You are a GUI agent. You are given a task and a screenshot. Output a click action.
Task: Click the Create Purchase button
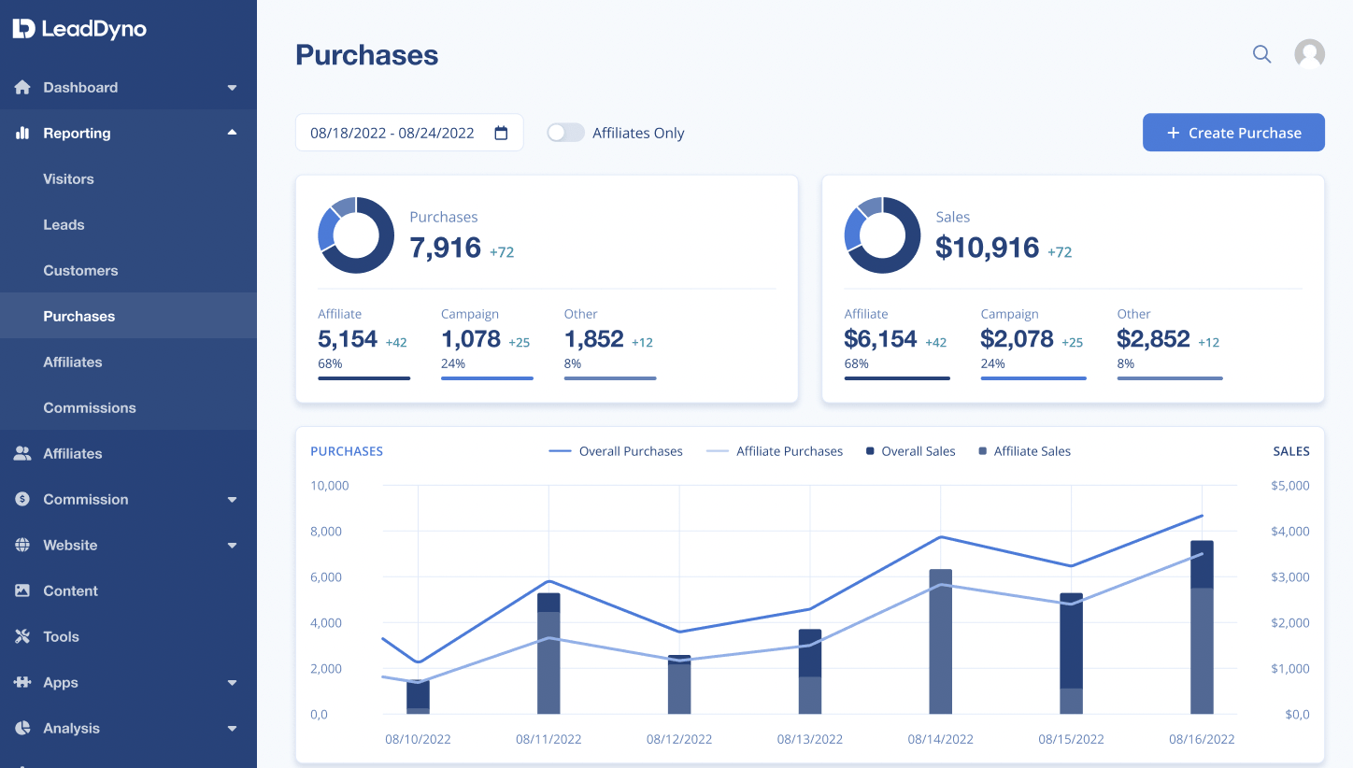coord(1233,133)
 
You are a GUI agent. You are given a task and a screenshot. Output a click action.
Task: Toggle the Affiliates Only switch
coord(565,133)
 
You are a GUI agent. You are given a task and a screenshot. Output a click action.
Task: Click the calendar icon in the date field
coord(501,133)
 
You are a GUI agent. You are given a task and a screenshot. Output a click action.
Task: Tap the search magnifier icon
coord(1261,54)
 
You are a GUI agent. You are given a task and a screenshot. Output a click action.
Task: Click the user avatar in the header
coord(1309,54)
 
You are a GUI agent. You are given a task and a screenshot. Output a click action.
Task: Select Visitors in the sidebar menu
coord(68,178)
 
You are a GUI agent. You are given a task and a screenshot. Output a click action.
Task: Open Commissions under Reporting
coord(90,407)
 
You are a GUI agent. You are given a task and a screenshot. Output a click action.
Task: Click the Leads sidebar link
coord(64,224)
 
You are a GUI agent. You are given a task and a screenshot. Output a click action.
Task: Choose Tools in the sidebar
coord(61,636)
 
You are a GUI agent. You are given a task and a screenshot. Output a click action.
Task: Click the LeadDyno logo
coord(79,28)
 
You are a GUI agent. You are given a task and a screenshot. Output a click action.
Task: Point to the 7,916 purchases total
coord(445,248)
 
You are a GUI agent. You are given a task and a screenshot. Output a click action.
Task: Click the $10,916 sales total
coord(987,248)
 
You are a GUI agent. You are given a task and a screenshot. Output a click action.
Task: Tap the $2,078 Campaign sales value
coord(1017,339)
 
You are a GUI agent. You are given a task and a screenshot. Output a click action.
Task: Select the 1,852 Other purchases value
coord(593,339)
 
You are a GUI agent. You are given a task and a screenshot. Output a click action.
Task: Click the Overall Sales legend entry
coord(911,451)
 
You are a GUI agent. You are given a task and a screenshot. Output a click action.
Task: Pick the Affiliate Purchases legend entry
coord(775,451)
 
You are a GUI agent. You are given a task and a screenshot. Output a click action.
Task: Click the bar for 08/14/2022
coord(940,641)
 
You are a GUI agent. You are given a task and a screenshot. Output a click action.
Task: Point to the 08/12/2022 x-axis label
coord(679,739)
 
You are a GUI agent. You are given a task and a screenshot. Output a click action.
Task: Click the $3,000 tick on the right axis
coord(1290,576)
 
